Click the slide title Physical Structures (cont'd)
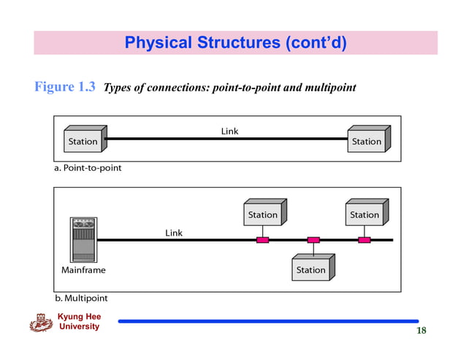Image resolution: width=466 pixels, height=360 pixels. click(235, 43)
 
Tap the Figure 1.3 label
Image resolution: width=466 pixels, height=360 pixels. click(65, 88)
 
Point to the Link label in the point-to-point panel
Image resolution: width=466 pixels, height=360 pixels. click(229, 131)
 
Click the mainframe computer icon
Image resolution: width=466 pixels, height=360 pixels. click(83, 240)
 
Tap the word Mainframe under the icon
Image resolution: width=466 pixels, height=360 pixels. click(83, 270)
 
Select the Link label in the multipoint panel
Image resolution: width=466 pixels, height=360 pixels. click(174, 233)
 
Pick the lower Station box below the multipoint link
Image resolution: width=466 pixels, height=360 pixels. click(311, 269)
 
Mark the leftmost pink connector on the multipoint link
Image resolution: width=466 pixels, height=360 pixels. click(263, 240)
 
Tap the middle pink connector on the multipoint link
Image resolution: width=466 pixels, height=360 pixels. click(313, 240)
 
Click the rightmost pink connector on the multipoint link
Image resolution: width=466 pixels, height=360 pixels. click(364, 240)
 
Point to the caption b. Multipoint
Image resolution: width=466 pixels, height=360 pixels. click(80, 298)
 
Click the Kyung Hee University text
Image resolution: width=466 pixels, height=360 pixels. click(80, 322)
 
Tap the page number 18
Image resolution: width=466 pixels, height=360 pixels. click(421, 331)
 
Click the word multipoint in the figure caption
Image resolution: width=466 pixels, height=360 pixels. click(329, 88)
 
